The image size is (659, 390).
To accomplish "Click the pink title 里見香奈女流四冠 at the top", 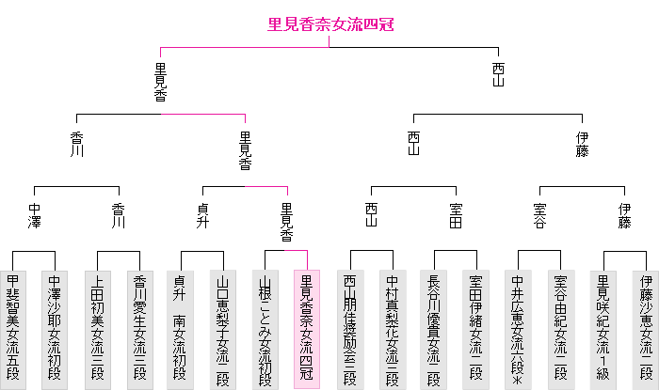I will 329,25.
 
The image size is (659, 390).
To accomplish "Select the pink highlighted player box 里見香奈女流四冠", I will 307,329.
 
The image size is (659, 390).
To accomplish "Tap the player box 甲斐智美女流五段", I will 13,329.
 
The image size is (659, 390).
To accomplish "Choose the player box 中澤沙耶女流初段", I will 55,329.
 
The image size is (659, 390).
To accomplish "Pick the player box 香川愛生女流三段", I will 139,329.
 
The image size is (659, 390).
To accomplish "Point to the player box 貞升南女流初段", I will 181,329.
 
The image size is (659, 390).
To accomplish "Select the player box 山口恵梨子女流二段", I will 223,329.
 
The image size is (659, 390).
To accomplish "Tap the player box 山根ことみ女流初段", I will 265,329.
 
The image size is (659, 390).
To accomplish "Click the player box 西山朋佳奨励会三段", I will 350,329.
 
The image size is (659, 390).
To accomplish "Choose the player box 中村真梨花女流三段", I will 392,329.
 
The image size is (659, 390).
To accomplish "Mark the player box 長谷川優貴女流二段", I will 434,329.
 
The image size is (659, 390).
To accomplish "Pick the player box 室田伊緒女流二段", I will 475,329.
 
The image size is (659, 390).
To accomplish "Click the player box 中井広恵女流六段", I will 518,329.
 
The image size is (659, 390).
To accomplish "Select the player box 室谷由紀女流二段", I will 560,329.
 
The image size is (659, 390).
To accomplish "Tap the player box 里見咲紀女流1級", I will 603,329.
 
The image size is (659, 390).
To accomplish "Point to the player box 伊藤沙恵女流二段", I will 645,329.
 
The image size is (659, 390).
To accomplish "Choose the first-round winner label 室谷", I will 539,215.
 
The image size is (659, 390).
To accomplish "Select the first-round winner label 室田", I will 456,215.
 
